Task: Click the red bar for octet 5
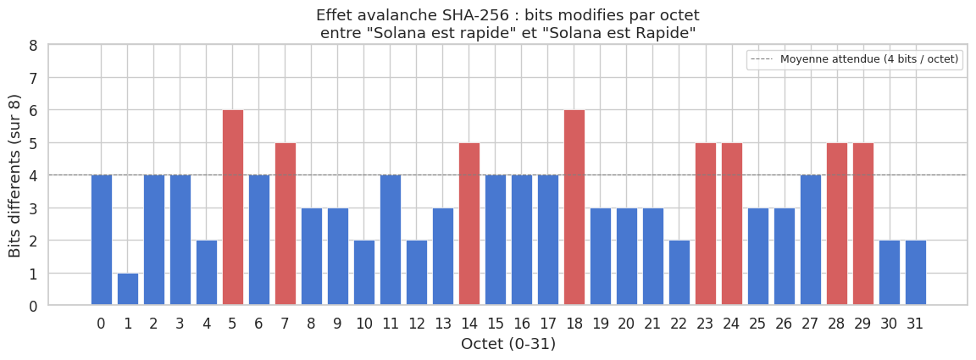click(233, 208)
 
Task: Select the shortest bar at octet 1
click(128, 289)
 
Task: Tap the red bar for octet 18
click(574, 208)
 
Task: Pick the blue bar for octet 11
click(391, 240)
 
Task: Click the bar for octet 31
click(916, 273)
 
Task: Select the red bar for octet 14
click(469, 224)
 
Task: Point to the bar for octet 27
click(811, 240)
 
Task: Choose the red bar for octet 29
click(863, 224)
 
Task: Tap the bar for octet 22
click(679, 273)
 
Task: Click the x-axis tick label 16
click(522, 323)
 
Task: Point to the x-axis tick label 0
click(102, 323)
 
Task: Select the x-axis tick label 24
click(732, 323)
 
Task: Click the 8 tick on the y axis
click(33, 46)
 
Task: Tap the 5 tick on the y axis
click(33, 143)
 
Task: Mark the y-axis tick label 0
click(33, 306)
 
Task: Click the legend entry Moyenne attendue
click(868, 59)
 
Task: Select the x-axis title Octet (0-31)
click(508, 344)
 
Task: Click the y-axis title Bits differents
click(15, 175)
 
